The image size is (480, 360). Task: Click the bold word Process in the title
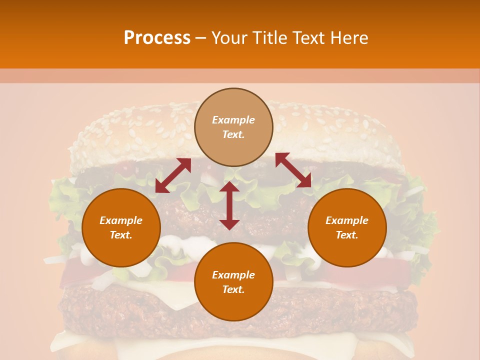click(157, 37)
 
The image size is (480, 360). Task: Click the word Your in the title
click(230, 37)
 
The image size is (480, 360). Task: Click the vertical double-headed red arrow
click(229, 206)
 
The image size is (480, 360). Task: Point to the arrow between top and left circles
click(173, 175)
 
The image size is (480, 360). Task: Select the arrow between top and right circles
click(293, 170)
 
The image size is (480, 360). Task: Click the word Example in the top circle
click(233, 120)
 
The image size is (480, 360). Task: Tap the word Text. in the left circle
click(121, 235)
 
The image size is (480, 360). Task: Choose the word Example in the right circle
click(347, 220)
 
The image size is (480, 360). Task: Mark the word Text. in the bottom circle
click(233, 289)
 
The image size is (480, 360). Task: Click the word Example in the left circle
click(121, 220)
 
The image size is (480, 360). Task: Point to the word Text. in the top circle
click(233, 134)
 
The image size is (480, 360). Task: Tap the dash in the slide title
click(200, 38)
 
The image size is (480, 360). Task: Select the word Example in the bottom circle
click(233, 275)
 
